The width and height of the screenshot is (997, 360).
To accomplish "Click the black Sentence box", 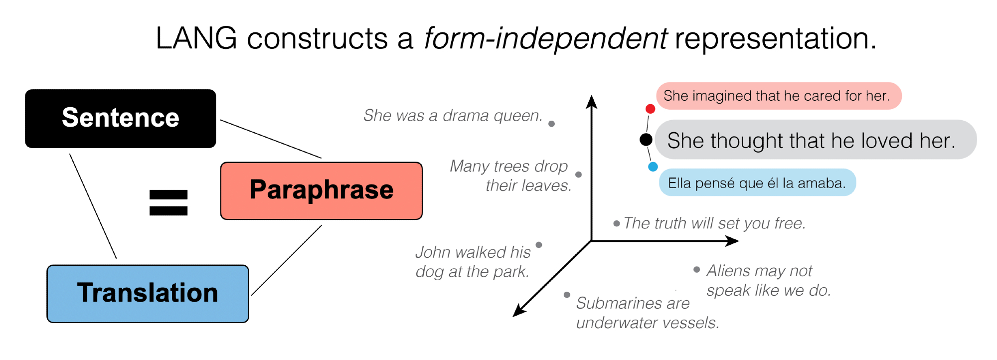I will pos(120,119).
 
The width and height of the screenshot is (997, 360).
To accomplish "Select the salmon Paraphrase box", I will pos(322,190).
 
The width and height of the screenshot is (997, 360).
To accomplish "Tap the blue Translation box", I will pos(148,294).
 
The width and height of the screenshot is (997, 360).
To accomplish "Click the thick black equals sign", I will pos(168,203).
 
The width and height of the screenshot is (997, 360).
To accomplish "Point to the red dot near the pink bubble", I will pos(650,109).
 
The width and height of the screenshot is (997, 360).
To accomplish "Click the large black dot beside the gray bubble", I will pos(646,140).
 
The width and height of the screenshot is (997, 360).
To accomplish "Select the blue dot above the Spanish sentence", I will pos(653,167).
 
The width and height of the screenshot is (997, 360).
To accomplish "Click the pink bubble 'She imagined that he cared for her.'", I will pos(778,96).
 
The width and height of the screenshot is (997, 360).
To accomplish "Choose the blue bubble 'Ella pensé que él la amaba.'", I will pos(757,183).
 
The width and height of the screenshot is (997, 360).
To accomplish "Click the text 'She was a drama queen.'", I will pos(453,116).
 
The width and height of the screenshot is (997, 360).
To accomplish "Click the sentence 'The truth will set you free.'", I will pos(714,223).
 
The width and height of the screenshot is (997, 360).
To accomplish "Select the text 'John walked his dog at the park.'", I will pos(473,262).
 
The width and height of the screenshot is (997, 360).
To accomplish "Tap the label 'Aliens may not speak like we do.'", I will pos(768,280).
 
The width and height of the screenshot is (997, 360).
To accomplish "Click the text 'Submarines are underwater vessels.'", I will pos(647,313).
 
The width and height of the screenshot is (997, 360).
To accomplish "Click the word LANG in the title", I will pos(196,38).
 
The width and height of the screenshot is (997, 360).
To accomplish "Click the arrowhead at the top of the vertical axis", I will pos(592,101).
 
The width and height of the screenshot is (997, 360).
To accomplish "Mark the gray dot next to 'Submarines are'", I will pos(567,295).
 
